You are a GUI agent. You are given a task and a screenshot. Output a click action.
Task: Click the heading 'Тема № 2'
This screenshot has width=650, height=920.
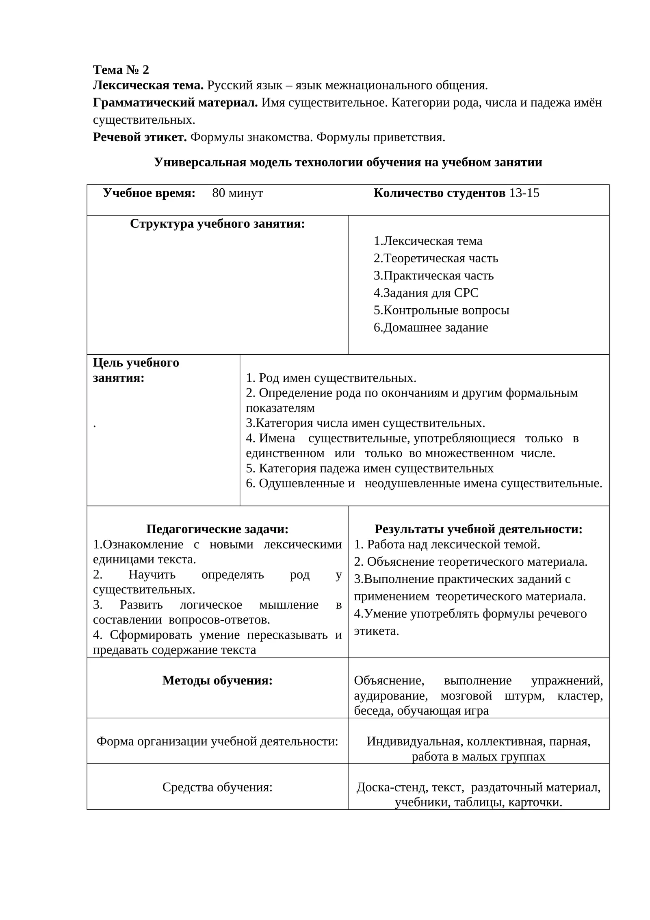[x=121, y=70]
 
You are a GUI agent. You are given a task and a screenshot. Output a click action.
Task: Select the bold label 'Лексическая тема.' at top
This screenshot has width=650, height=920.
[x=148, y=85]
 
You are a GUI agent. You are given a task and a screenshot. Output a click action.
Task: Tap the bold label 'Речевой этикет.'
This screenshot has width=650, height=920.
[x=140, y=137]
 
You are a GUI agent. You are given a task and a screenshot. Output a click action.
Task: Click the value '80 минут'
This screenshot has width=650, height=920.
[x=237, y=193]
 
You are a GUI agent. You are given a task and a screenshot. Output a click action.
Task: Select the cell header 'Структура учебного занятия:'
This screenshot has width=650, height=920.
[x=217, y=224]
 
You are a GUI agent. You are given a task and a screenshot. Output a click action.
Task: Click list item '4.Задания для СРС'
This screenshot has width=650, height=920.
[x=426, y=293]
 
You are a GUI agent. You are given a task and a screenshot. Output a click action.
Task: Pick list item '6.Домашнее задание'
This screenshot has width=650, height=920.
[x=431, y=327]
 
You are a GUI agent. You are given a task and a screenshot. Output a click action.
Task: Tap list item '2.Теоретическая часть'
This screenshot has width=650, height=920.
[x=435, y=258]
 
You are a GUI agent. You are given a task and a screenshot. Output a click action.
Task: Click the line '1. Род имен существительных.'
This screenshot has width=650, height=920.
[x=331, y=378]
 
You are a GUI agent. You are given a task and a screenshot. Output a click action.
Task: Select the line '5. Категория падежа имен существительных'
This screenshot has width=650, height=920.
[x=370, y=468]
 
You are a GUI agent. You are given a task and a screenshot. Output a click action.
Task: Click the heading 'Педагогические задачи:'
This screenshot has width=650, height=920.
[x=217, y=529]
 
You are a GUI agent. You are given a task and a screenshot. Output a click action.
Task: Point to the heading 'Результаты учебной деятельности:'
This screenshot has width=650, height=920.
[x=478, y=529]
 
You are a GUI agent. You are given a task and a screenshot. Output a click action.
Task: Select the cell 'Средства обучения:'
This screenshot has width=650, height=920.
[x=217, y=787]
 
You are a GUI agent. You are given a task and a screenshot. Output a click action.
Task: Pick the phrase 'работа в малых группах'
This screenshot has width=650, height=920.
[x=478, y=756]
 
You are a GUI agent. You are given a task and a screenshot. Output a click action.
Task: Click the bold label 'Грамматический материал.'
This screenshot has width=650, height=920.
[x=175, y=103]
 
